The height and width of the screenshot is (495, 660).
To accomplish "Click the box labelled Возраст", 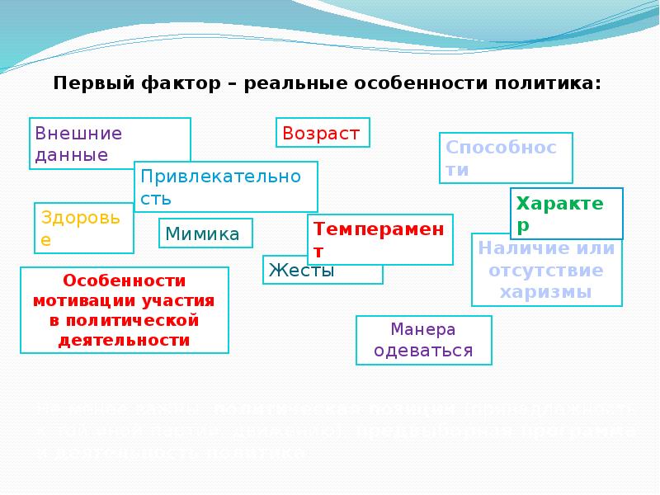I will click(x=322, y=133).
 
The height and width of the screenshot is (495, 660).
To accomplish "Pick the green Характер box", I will click(x=566, y=213).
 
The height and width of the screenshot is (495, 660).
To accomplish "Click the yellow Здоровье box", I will click(x=82, y=227).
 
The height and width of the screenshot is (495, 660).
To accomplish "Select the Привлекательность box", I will click(x=225, y=186).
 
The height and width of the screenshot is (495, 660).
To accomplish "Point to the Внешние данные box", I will click(x=110, y=143).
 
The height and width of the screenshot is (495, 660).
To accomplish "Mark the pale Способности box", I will click(x=504, y=158).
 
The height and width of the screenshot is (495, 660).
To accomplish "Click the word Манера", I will click(x=423, y=329).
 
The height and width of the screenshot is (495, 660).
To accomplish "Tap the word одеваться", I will click(x=423, y=350).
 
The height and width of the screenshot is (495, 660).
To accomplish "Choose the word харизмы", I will click(x=545, y=292).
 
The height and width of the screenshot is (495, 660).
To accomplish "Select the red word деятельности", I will click(x=123, y=340).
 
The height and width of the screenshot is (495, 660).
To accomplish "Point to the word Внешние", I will click(x=78, y=133).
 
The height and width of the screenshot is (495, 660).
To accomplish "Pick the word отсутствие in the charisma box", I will click(x=545, y=270).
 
